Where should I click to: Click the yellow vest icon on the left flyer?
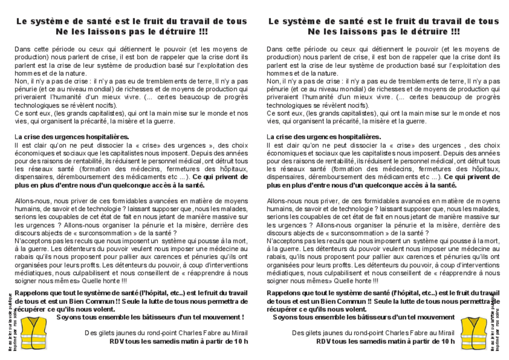(x=33, y=333)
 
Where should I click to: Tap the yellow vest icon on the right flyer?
(x=473, y=333)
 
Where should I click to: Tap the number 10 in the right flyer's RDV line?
(x=444, y=341)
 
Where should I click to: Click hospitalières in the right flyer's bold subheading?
(x=357, y=137)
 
